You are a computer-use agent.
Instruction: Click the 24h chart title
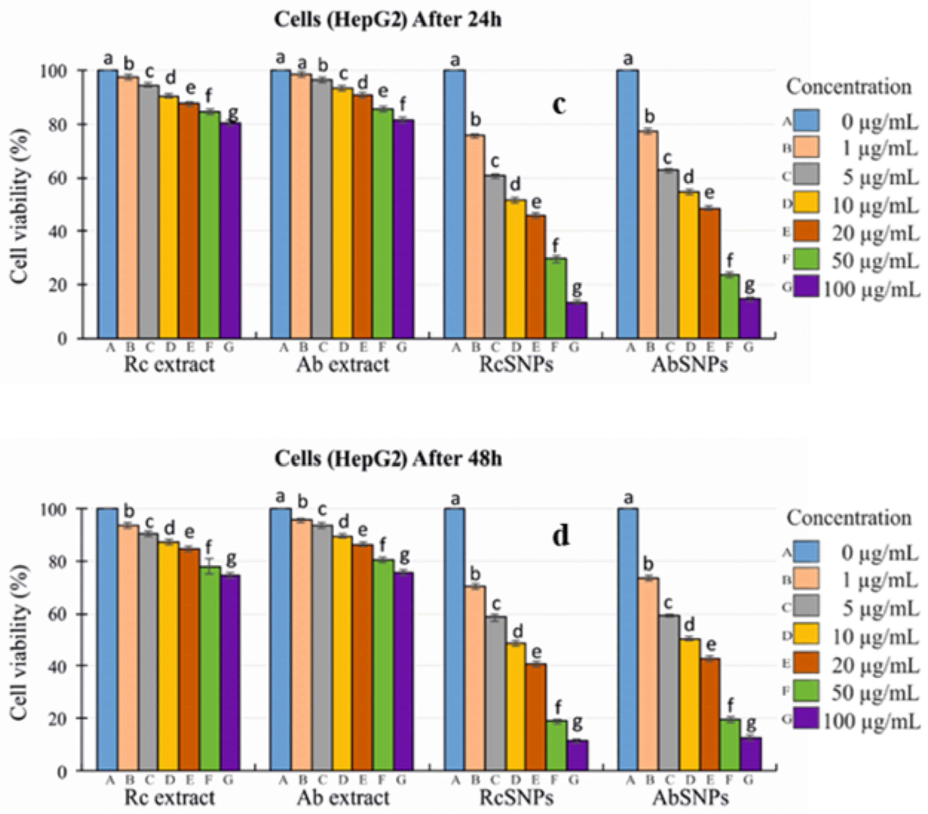point(388,20)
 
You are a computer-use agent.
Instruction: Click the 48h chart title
point(388,459)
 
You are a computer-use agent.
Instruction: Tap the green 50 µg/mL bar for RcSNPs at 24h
point(556,298)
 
